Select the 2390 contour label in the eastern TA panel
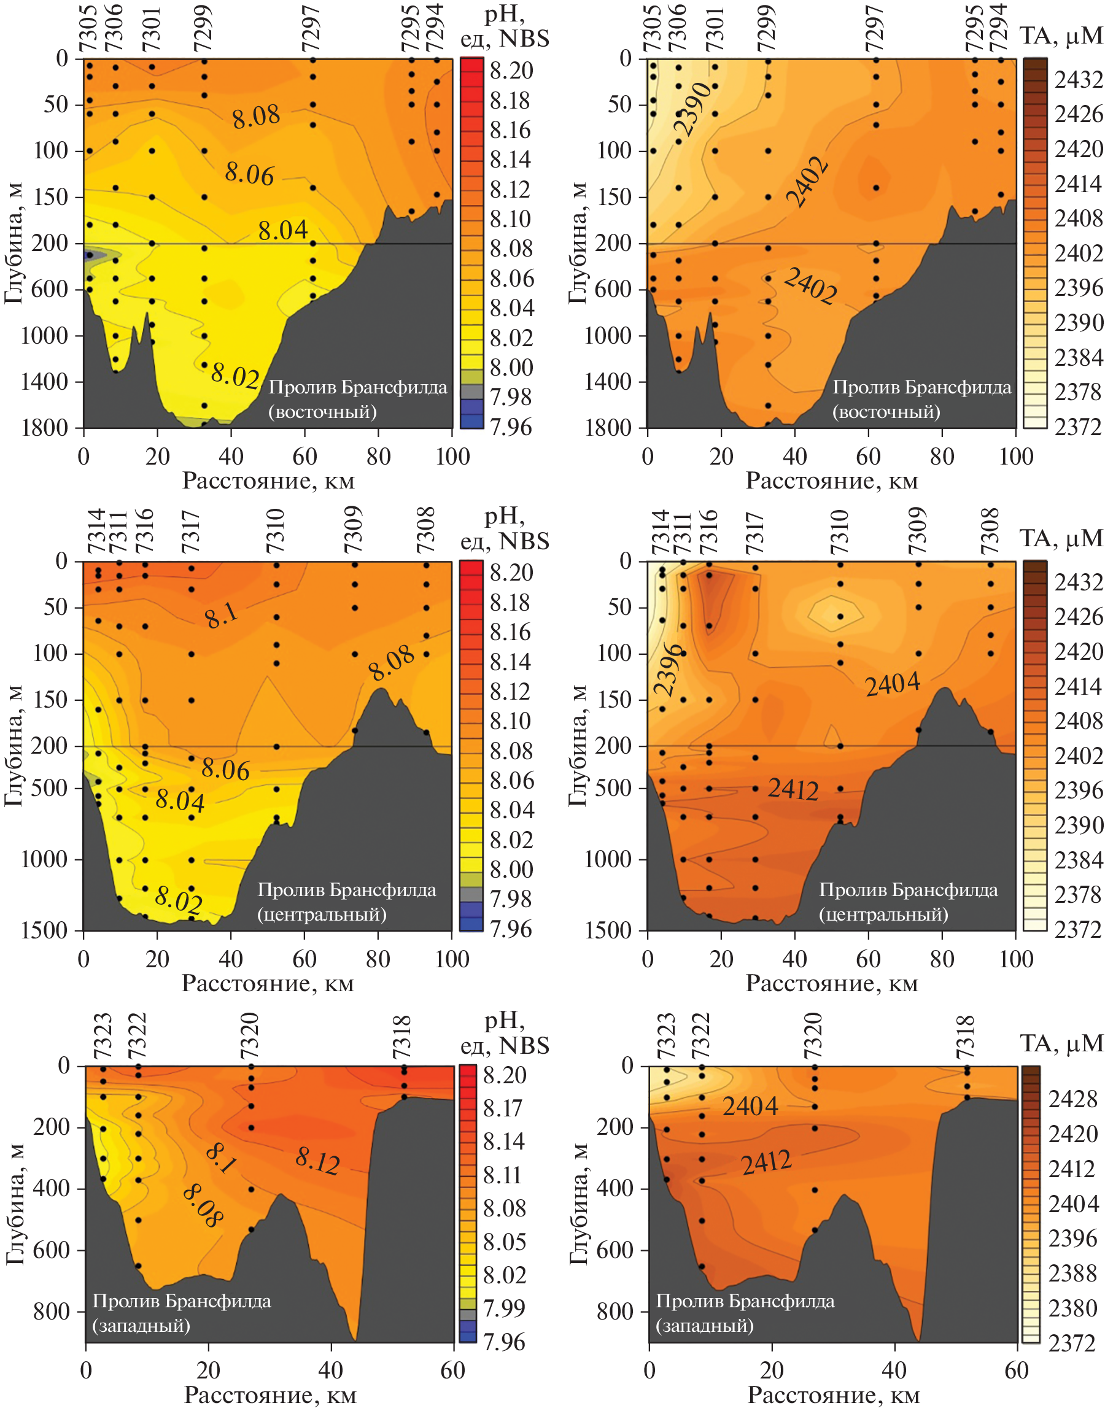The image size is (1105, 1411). point(692,109)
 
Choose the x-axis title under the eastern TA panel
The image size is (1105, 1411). point(832,481)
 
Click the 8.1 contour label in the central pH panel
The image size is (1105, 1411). point(221,616)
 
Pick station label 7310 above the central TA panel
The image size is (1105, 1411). point(839,532)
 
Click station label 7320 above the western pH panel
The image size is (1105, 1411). point(250,1036)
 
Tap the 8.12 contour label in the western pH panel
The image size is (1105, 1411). point(317,1161)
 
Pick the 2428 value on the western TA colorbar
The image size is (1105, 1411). point(1072,1098)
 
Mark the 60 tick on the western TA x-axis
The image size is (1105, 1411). point(1017,1370)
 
